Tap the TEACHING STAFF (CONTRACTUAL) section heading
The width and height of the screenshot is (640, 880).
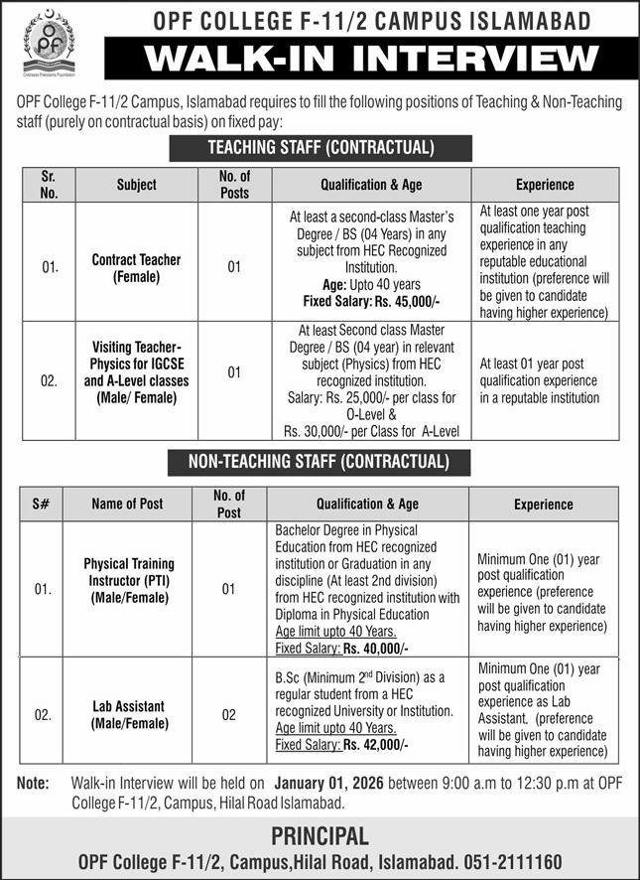320,148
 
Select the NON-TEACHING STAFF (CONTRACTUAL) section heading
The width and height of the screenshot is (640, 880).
320,462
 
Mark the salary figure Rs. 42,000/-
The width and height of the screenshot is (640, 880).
376,743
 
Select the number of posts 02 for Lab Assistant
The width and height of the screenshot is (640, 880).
228,714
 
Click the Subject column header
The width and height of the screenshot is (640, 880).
136,185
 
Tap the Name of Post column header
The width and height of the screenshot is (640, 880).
126,504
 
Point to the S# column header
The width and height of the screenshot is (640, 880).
43,504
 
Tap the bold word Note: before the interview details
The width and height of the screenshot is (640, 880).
34,783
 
